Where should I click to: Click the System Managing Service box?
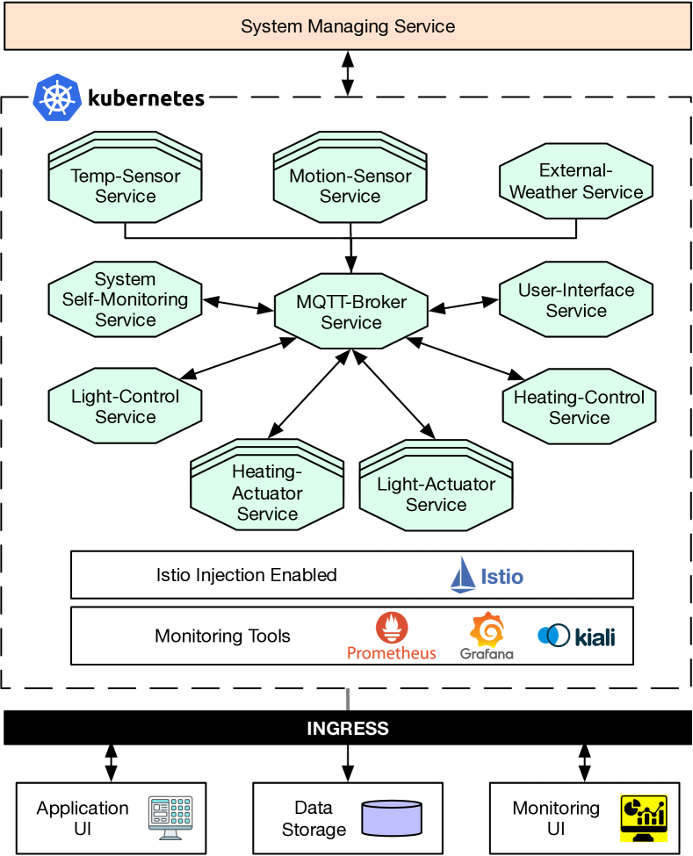coord(348,26)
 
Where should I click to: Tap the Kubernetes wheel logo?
coord(57,97)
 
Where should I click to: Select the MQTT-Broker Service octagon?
coord(351,312)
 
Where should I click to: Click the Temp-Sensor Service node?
coord(126,185)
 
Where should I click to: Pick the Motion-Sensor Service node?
coord(350,185)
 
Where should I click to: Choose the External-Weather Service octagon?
coord(576,182)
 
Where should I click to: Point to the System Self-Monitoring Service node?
coord(126,299)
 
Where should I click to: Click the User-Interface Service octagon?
coord(576,300)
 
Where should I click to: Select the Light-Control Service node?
coord(126,406)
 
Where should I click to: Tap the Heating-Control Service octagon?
coord(579,407)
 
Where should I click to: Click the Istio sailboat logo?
coord(464,575)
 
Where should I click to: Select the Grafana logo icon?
coord(487,629)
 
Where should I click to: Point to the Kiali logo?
coord(576,636)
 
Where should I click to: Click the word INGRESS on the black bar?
coord(348,729)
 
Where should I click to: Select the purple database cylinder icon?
coord(392,817)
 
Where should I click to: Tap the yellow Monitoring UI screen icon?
coord(644,818)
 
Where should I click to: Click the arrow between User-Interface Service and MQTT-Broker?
coord(464,305)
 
